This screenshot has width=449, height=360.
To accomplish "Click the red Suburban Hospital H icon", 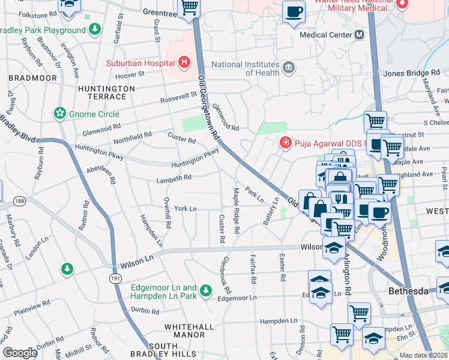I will (184, 62).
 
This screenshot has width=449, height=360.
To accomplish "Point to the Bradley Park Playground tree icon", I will (94, 29).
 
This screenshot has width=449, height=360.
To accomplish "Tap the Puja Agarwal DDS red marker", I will (286, 143).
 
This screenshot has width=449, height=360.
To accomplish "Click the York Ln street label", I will (185, 208).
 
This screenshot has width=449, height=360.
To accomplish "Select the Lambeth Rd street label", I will (174, 178).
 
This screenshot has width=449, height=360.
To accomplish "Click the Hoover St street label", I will (130, 75).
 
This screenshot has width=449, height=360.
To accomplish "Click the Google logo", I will (20, 353).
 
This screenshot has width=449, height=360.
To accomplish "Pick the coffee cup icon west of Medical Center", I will (294, 13).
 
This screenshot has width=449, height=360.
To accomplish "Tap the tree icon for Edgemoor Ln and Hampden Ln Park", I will (206, 290).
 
